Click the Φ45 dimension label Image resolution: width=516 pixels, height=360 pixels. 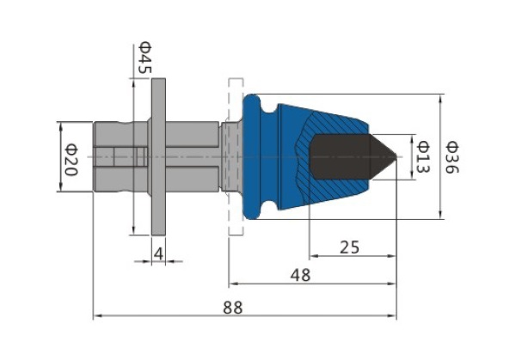[144, 58]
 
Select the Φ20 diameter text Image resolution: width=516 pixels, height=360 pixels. [71, 160]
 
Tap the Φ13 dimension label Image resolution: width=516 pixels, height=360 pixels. [422, 156]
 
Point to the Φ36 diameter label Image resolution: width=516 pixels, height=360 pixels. [451, 157]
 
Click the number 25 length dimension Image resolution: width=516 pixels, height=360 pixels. [349, 247]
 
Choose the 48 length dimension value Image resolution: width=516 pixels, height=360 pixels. [300, 275]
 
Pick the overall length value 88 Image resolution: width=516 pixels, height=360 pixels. [233, 308]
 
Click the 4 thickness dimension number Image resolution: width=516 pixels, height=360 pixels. [158, 253]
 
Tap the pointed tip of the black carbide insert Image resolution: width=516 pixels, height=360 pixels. [395, 156]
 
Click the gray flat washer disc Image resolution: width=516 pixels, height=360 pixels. [158, 156]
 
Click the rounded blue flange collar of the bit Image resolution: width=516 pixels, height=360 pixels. [251, 156]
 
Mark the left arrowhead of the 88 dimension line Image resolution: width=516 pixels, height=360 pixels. [97, 316]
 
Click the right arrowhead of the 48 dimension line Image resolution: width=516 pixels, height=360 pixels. [392, 284]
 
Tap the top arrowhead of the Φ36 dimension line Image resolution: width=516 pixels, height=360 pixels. [440, 98]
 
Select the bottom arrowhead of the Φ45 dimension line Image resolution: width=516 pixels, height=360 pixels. [133, 230]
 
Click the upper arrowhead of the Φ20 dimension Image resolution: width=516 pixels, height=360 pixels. [60, 126]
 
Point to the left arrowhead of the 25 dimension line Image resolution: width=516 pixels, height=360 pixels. [314, 256]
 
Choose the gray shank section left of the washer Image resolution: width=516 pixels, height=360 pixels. [120, 156]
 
